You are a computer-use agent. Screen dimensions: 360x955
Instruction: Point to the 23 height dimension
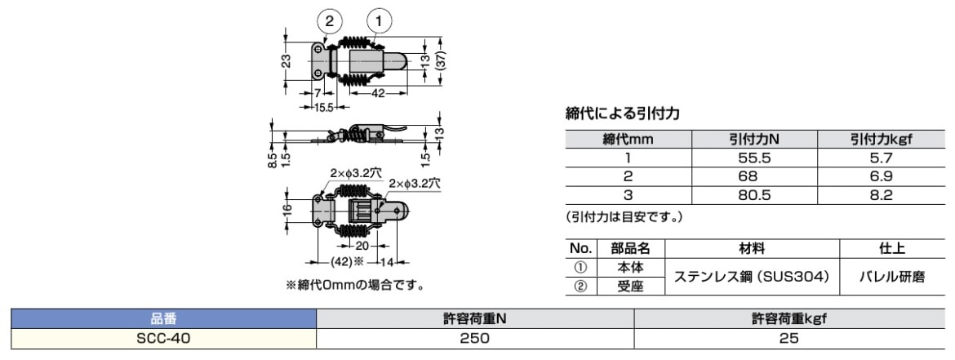pos(287,61)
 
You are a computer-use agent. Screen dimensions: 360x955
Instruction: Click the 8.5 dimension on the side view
pos(272,155)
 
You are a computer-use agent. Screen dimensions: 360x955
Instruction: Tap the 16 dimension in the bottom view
pos(288,209)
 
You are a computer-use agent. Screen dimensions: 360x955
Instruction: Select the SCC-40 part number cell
pos(163,338)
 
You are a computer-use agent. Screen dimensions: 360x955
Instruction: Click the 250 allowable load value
pos(474,338)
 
